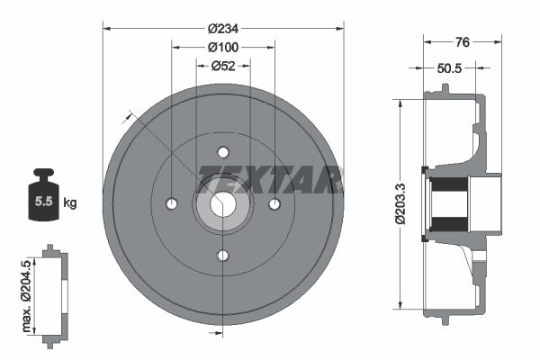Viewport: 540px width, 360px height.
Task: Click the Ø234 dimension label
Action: click(223, 28)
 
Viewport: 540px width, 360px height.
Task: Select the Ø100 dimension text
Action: click(223, 47)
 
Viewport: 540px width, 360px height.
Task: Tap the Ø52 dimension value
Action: click(223, 65)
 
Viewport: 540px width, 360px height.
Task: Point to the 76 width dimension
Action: click(463, 41)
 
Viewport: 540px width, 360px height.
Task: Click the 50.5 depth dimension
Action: click(451, 67)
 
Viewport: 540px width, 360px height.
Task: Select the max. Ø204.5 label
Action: click(26, 291)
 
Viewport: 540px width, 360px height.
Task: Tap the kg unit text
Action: click(69, 202)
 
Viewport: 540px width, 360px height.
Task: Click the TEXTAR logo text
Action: click(267, 179)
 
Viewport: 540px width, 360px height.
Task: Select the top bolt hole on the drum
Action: click(223, 152)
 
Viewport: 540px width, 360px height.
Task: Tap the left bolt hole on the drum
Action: click(171, 204)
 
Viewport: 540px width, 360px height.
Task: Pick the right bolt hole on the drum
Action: click(275, 204)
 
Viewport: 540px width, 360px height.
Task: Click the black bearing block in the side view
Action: click(447, 204)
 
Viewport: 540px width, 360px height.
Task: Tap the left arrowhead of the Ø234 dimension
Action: click(107, 28)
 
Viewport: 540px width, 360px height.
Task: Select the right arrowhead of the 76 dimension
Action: click(496, 41)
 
